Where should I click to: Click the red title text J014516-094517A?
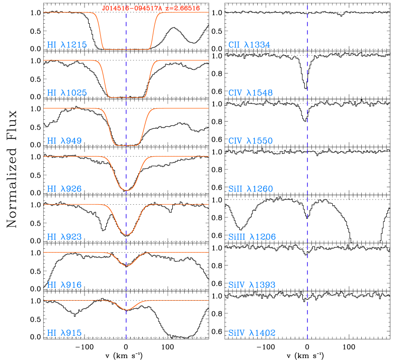pos(132,8)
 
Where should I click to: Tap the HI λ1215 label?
pos(67,45)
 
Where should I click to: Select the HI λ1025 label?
pos(67,93)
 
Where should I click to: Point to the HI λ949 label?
pos(65,141)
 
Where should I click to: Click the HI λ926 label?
pos(65,189)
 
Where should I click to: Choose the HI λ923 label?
pos(65,237)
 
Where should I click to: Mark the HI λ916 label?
pos(65,285)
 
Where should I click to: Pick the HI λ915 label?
pos(65,333)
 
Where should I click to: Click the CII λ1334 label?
pos(249,45)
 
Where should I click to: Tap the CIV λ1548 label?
pos(251,93)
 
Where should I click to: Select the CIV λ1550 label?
pos(251,141)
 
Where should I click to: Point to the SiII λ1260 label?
pos(251,189)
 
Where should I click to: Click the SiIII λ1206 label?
pos(252,237)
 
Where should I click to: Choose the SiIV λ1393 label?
pos(252,285)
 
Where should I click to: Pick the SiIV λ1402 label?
pos(252,333)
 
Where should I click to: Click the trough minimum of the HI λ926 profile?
pos(126,190)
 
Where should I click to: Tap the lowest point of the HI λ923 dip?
pos(126,235)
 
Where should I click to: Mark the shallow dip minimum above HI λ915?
pos(126,310)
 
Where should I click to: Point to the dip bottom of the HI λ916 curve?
pos(126,265)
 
